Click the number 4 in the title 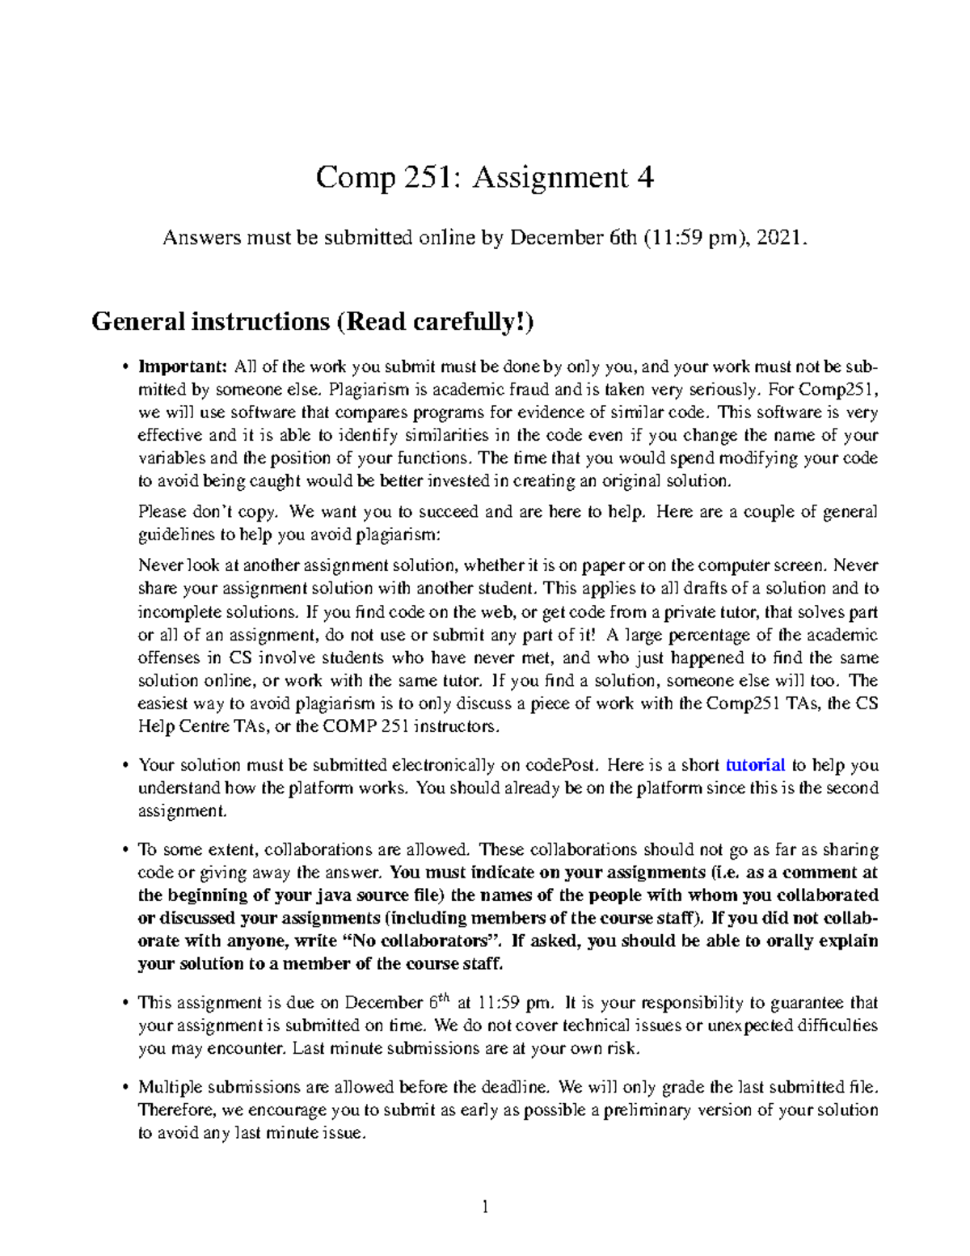click(644, 177)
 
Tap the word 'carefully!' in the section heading click(474, 322)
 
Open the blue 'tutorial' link click(755, 765)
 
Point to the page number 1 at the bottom click(485, 1207)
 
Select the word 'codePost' click(562, 765)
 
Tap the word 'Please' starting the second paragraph click(162, 512)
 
